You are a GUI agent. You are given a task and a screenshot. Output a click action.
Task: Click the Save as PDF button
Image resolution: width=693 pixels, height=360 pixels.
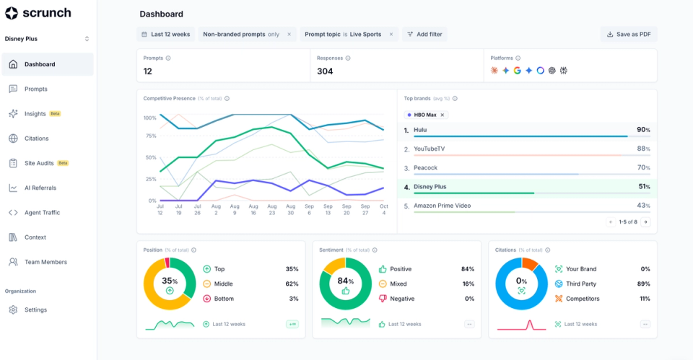point(629,34)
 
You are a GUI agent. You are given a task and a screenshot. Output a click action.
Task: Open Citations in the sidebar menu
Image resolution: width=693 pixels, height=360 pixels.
point(36,139)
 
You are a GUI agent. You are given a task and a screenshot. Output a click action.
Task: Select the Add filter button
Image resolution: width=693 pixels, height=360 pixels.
point(425,34)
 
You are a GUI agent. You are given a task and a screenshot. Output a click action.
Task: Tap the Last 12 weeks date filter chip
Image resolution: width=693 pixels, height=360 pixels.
point(165,34)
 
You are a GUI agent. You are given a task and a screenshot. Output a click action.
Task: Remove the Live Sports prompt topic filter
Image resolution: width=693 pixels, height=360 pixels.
point(391,34)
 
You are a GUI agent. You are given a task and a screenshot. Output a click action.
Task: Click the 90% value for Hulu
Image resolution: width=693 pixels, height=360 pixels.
point(642,130)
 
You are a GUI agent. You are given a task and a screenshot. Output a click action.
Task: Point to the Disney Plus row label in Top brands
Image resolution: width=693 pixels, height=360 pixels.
point(430,187)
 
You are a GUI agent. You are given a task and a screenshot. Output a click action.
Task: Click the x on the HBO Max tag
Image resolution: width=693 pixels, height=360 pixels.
point(443,115)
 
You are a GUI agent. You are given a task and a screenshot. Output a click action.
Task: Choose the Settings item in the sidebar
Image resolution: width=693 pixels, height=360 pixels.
point(35,310)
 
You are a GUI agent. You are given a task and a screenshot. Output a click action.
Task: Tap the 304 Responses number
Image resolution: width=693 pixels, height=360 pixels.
point(325,71)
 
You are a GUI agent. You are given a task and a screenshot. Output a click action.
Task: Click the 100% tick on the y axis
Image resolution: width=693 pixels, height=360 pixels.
point(149,118)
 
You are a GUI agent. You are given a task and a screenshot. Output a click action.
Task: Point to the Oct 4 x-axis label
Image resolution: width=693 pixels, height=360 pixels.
point(383,209)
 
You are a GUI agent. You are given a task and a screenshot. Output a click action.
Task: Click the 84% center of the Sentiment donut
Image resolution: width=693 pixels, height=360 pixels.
point(345,281)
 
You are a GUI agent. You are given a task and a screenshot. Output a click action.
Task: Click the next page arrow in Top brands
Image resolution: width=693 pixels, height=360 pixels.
point(645,222)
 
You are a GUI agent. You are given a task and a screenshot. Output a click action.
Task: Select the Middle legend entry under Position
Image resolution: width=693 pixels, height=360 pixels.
point(224,284)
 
